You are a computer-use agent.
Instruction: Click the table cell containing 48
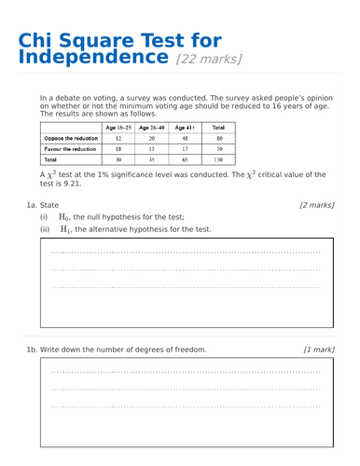(185, 137)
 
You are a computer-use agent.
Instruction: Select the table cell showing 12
(118, 137)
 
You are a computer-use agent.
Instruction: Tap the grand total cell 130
(217, 159)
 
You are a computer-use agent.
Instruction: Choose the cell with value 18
(118, 148)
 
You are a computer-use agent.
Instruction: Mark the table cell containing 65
(185, 159)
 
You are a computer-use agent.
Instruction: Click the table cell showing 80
(217, 137)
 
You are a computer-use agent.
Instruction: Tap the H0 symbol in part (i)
(65, 216)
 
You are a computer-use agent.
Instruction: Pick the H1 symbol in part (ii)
(65, 228)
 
